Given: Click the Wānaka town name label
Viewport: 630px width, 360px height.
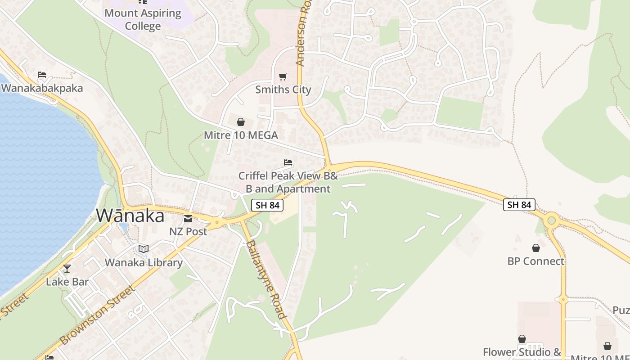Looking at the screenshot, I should (130, 216).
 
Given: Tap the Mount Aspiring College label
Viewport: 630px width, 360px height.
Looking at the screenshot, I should (143, 19).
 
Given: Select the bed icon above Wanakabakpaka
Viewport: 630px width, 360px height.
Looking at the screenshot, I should (42, 75).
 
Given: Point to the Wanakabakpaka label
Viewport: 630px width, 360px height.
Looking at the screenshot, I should (42, 88).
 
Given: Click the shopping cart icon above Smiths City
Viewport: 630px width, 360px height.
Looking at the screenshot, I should (283, 77).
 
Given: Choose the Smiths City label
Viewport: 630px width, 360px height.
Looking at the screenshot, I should (283, 90).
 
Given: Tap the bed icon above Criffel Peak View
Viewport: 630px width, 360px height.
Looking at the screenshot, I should (288, 162).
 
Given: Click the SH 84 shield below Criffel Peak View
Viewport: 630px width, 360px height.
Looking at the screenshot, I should (267, 205).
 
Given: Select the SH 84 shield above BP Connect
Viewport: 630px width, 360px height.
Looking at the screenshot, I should (519, 205).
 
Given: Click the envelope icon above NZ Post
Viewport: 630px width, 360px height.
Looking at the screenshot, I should (188, 219).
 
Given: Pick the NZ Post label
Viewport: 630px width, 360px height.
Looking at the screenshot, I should (188, 231).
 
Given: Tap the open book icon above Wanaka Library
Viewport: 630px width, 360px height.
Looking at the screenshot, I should (143, 249).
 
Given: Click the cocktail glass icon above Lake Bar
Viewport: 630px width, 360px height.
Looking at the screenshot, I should (67, 269).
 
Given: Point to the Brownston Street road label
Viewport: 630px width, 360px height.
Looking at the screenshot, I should (97, 315).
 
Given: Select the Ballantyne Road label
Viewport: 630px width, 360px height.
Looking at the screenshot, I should (265, 279).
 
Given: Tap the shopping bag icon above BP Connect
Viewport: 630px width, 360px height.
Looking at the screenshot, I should (535, 248).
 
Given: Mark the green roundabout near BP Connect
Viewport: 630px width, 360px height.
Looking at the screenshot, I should (551, 220).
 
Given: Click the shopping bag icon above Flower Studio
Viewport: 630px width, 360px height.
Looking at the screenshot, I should (522, 339).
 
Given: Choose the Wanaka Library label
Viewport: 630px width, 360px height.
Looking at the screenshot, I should (144, 262).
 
